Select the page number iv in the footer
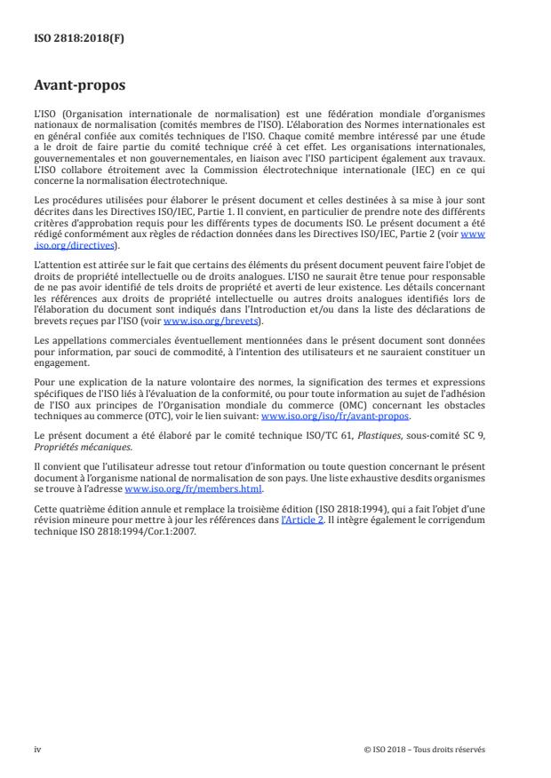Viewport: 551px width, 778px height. (x=37, y=749)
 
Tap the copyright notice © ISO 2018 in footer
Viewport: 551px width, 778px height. (x=424, y=749)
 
